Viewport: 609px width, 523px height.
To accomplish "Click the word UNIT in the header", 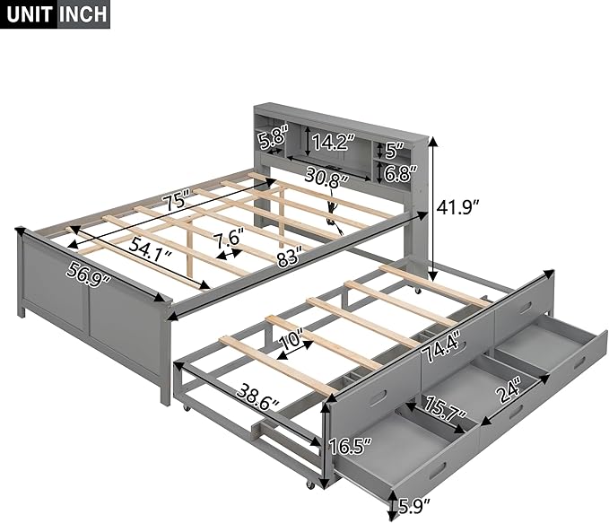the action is click(29, 14).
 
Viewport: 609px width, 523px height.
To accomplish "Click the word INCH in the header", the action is click(83, 14).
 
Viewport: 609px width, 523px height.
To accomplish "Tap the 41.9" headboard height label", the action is click(458, 207).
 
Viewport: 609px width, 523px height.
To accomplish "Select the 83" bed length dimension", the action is click(290, 257).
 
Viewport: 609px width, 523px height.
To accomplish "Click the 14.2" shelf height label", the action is click(334, 142).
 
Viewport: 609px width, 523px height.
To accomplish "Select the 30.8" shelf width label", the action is click(326, 175).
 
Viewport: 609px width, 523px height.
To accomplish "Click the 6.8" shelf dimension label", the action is click(401, 173).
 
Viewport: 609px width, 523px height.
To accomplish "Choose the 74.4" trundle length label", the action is click(441, 345).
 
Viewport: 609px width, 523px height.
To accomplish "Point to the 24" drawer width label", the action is click(508, 393).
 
